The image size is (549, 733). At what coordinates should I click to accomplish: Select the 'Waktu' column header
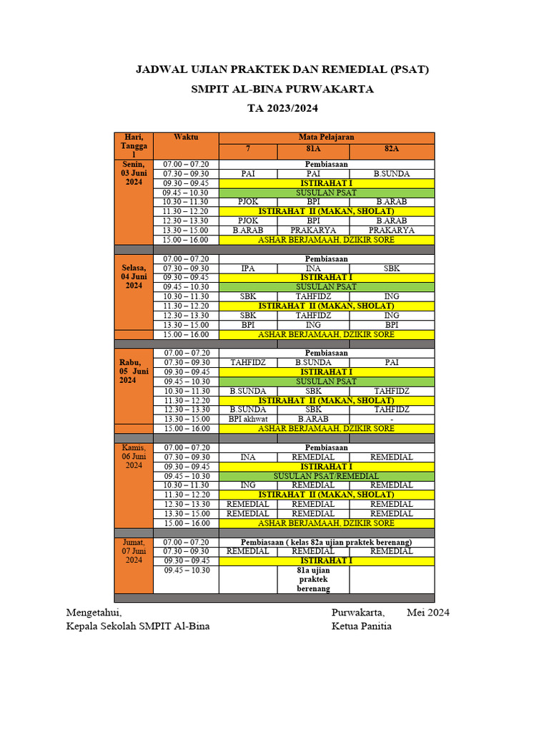186,137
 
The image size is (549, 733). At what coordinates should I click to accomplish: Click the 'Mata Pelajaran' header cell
326,137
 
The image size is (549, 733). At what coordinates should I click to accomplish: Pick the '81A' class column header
313,150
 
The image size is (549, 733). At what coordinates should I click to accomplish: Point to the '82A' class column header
391,150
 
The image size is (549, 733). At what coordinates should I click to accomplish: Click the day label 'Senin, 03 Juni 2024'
134,173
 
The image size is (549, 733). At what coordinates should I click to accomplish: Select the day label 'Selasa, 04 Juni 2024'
134,276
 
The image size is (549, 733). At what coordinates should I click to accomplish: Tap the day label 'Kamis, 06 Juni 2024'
134,456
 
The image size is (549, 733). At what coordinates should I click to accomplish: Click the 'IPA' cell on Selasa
248,268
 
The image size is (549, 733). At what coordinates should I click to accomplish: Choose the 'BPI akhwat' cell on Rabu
248,419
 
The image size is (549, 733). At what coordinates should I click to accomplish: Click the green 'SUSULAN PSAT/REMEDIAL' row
326,476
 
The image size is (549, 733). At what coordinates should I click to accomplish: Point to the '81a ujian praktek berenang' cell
313,579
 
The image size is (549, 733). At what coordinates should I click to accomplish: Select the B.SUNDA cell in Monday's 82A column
391,173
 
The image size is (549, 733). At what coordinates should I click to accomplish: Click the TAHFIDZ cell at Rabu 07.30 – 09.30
248,362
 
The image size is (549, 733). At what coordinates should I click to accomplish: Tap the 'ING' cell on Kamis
248,485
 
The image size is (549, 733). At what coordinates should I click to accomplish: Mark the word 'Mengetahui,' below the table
94,613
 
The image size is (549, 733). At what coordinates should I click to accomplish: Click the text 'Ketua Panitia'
362,626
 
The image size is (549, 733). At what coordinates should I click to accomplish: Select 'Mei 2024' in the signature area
427,613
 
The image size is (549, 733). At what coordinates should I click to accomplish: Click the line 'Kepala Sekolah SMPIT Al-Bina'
137,626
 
